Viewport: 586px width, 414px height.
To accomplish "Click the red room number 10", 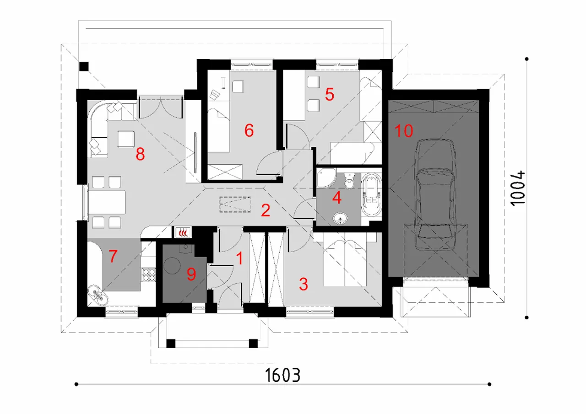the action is [x=404, y=131].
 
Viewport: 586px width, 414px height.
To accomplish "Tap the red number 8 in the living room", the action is [x=140, y=154].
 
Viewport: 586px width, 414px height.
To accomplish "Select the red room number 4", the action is [x=336, y=198].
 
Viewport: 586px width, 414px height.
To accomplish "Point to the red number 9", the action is [x=191, y=274].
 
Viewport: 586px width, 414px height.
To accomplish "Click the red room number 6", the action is [x=249, y=130].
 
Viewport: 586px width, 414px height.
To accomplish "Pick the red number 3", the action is [x=304, y=284].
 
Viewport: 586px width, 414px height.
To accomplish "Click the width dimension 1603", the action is [x=282, y=375].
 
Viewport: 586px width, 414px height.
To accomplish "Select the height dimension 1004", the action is [x=518, y=188].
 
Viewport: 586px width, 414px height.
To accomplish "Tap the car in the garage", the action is [x=435, y=195].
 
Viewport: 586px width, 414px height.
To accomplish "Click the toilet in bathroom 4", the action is [x=349, y=180].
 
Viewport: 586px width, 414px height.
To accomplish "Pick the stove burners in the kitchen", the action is [x=149, y=275].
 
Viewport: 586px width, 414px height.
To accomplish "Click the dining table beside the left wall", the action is [x=107, y=203].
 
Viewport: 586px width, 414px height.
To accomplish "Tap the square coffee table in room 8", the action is [x=126, y=139].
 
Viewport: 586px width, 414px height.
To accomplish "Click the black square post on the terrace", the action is [x=84, y=66].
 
